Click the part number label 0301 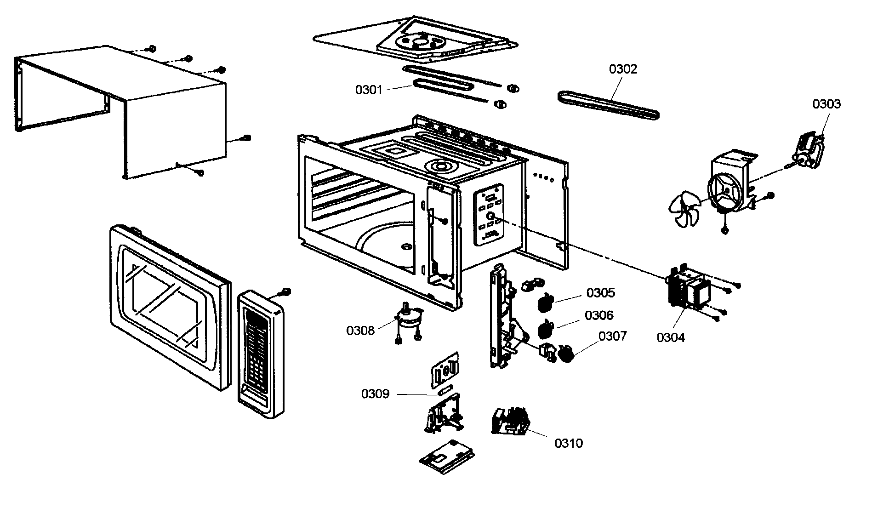click(369, 90)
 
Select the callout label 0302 click(623, 69)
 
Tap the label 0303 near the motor click(826, 104)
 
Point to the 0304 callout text click(670, 337)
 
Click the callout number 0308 click(360, 330)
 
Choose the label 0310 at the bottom click(568, 443)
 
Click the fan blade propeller click(684, 210)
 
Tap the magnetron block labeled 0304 click(688, 291)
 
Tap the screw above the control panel click(285, 291)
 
